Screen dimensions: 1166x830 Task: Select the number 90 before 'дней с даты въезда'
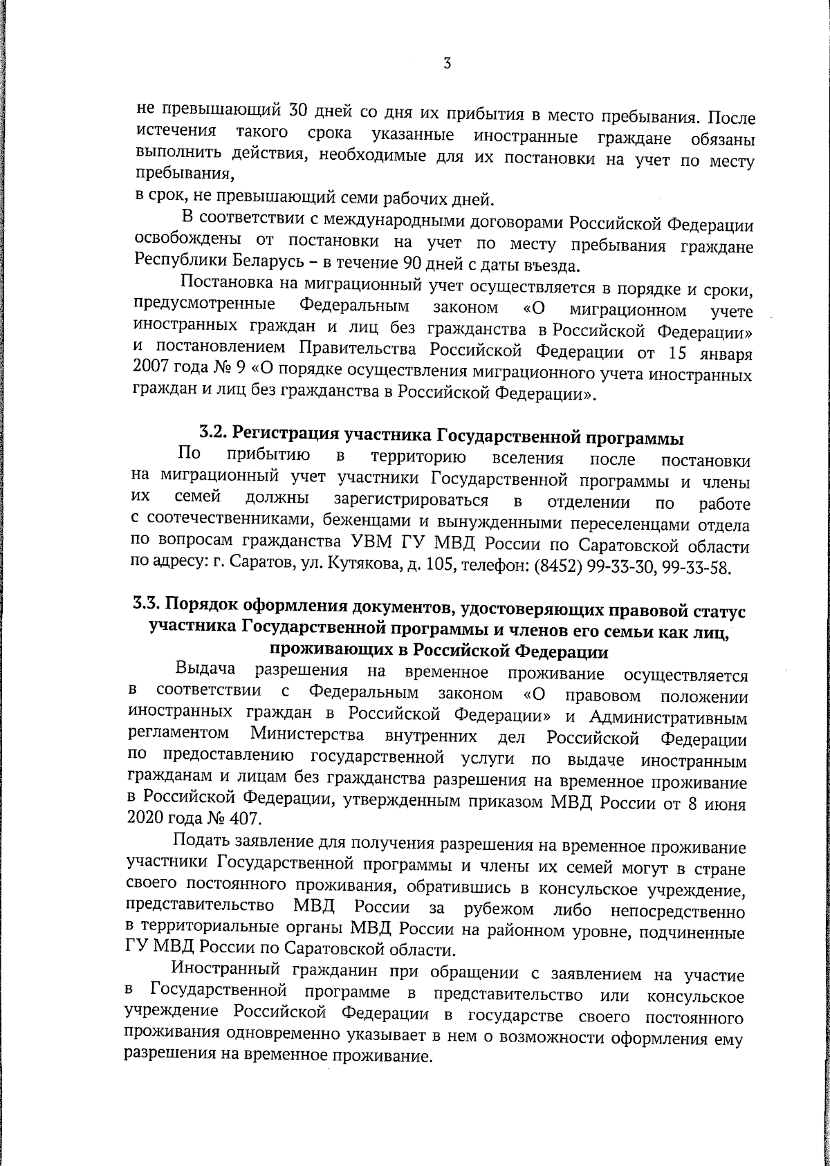(404, 263)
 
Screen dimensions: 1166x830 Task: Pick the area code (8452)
(557, 568)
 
